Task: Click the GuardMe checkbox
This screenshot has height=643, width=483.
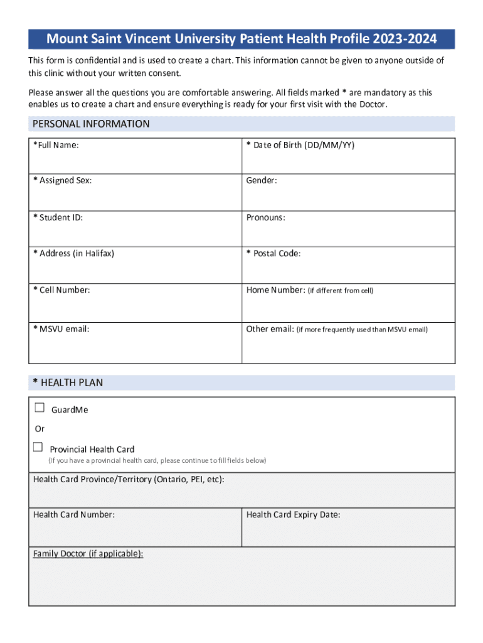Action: (x=40, y=408)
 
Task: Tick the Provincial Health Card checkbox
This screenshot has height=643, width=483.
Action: (x=38, y=447)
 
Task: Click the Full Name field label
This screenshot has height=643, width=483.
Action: (x=56, y=146)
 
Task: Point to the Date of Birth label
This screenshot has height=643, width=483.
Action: (x=300, y=146)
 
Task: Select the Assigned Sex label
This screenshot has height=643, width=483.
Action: (x=62, y=181)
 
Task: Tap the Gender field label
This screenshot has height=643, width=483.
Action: (x=262, y=181)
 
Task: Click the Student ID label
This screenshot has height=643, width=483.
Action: (x=58, y=218)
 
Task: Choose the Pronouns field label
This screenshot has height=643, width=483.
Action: (x=266, y=218)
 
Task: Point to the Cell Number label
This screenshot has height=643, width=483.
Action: (x=61, y=290)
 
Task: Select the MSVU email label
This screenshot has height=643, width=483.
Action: (x=61, y=328)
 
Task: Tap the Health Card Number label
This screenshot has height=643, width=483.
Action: (x=74, y=515)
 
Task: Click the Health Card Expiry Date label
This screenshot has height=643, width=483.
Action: (x=294, y=515)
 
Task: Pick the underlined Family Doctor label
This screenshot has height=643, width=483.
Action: (x=88, y=554)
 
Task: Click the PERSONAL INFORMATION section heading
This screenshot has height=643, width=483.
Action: (x=91, y=124)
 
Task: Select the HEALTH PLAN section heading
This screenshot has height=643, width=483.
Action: (x=68, y=382)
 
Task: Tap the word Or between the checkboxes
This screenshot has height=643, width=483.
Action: (x=40, y=429)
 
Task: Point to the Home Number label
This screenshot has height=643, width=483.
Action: (x=275, y=290)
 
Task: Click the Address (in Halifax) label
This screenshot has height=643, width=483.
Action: (x=73, y=254)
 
